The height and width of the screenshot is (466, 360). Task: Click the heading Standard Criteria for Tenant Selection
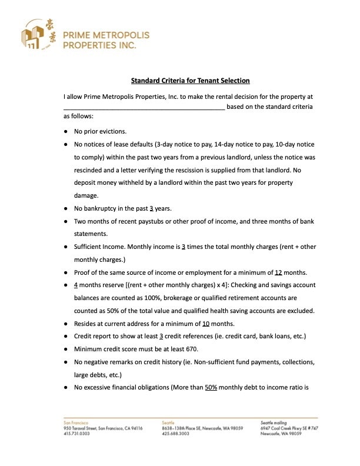click(x=190, y=81)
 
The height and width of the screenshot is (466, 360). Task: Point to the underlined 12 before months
click(x=279, y=272)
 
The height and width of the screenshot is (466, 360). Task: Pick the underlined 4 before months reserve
click(x=76, y=285)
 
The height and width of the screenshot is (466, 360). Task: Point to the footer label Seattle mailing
click(x=274, y=423)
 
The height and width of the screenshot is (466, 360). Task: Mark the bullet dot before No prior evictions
click(x=66, y=131)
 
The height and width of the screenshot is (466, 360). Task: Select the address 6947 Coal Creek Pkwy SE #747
click(x=286, y=428)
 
